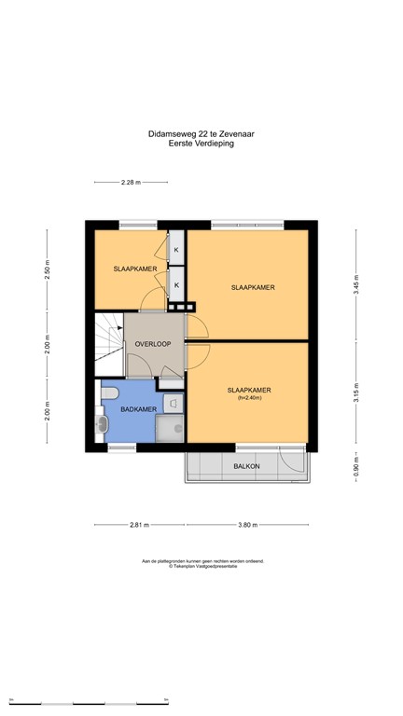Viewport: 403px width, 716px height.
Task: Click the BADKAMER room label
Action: coord(124,409)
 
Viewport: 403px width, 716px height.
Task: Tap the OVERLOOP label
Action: coord(152,344)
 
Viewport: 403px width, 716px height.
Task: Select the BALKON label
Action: coord(246,465)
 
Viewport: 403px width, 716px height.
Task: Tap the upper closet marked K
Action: coord(174,250)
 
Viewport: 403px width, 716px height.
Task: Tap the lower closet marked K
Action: coord(174,284)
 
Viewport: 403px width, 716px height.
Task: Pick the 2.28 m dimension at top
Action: coord(131,182)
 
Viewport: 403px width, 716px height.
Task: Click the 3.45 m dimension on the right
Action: coord(354,285)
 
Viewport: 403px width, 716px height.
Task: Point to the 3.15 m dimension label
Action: coord(354,392)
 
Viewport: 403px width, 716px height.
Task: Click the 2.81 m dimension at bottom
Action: coord(140,525)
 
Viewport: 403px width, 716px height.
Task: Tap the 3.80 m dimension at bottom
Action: coord(247,525)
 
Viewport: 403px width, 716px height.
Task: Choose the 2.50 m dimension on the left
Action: coord(47,269)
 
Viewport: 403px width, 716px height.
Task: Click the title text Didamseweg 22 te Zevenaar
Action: coord(201,134)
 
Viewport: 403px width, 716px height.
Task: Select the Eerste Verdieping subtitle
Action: coord(201,144)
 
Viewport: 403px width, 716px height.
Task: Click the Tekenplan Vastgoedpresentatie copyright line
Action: coord(202,566)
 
